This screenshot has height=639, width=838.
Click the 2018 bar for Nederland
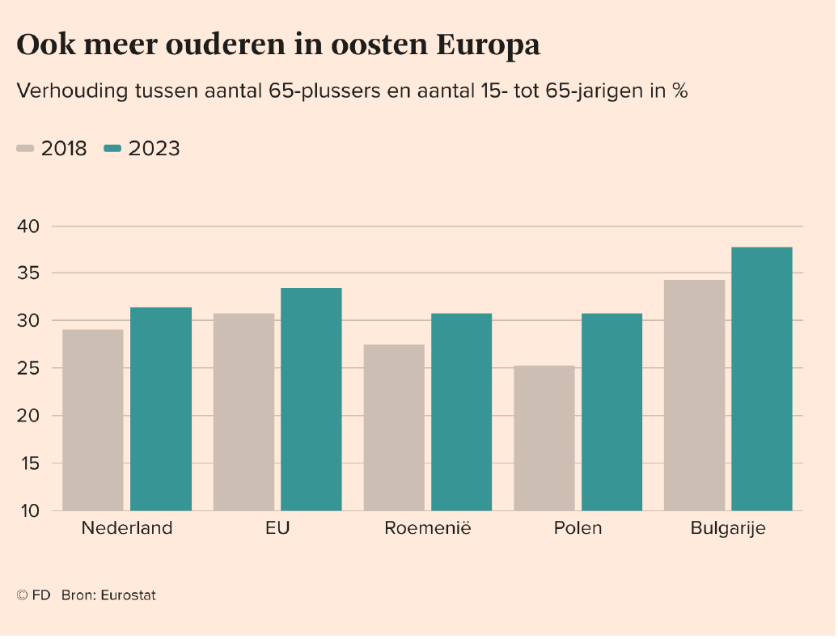click(x=93, y=420)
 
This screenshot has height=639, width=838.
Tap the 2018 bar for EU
click(x=243, y=412)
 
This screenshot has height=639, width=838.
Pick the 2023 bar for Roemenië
click(x=461, y=412)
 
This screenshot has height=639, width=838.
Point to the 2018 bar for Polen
click(x=544, y=438)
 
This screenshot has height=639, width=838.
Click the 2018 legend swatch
click(x=25, y=149)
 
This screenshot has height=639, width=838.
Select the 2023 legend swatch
click(x=112, y=149)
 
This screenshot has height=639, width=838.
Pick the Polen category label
click(x=578, y=529)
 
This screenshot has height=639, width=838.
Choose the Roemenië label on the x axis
click(x=427, y=529)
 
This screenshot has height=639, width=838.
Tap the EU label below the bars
click(x=277, y=529)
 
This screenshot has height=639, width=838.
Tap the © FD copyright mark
click(x=33, y=595)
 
